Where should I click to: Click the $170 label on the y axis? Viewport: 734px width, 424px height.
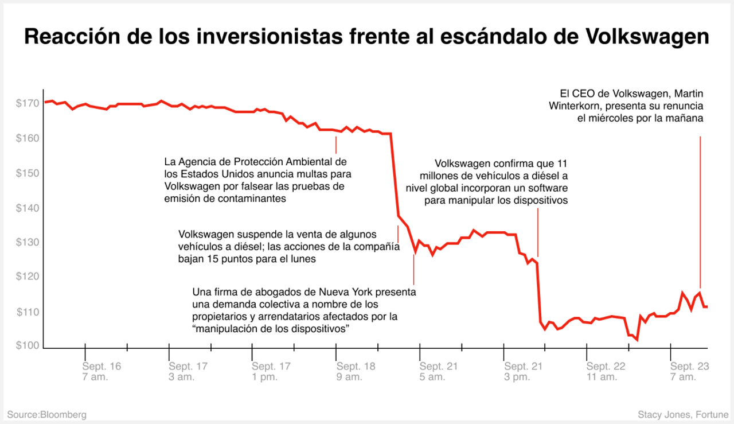point(28,104)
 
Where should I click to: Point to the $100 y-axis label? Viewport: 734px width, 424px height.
point(28,347)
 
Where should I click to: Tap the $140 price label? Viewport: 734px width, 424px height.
point(28,208)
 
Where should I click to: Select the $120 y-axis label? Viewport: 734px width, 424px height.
point(28,277)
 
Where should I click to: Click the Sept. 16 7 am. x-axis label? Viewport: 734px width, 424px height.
point(101,371)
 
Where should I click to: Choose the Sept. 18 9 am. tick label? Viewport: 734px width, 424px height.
point(356,371)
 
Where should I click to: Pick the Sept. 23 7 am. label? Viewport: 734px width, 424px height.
point(690,371)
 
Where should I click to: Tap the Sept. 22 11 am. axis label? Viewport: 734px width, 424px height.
point(606,371)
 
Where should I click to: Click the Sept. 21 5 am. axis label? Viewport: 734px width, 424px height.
point(439,371)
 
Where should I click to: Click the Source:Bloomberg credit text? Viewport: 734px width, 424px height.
point(47,414)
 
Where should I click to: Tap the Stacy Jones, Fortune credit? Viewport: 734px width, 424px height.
point(683,414)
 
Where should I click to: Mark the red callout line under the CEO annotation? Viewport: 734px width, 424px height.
point(700,212)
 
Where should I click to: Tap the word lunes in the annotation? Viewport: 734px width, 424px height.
point(304,259)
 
